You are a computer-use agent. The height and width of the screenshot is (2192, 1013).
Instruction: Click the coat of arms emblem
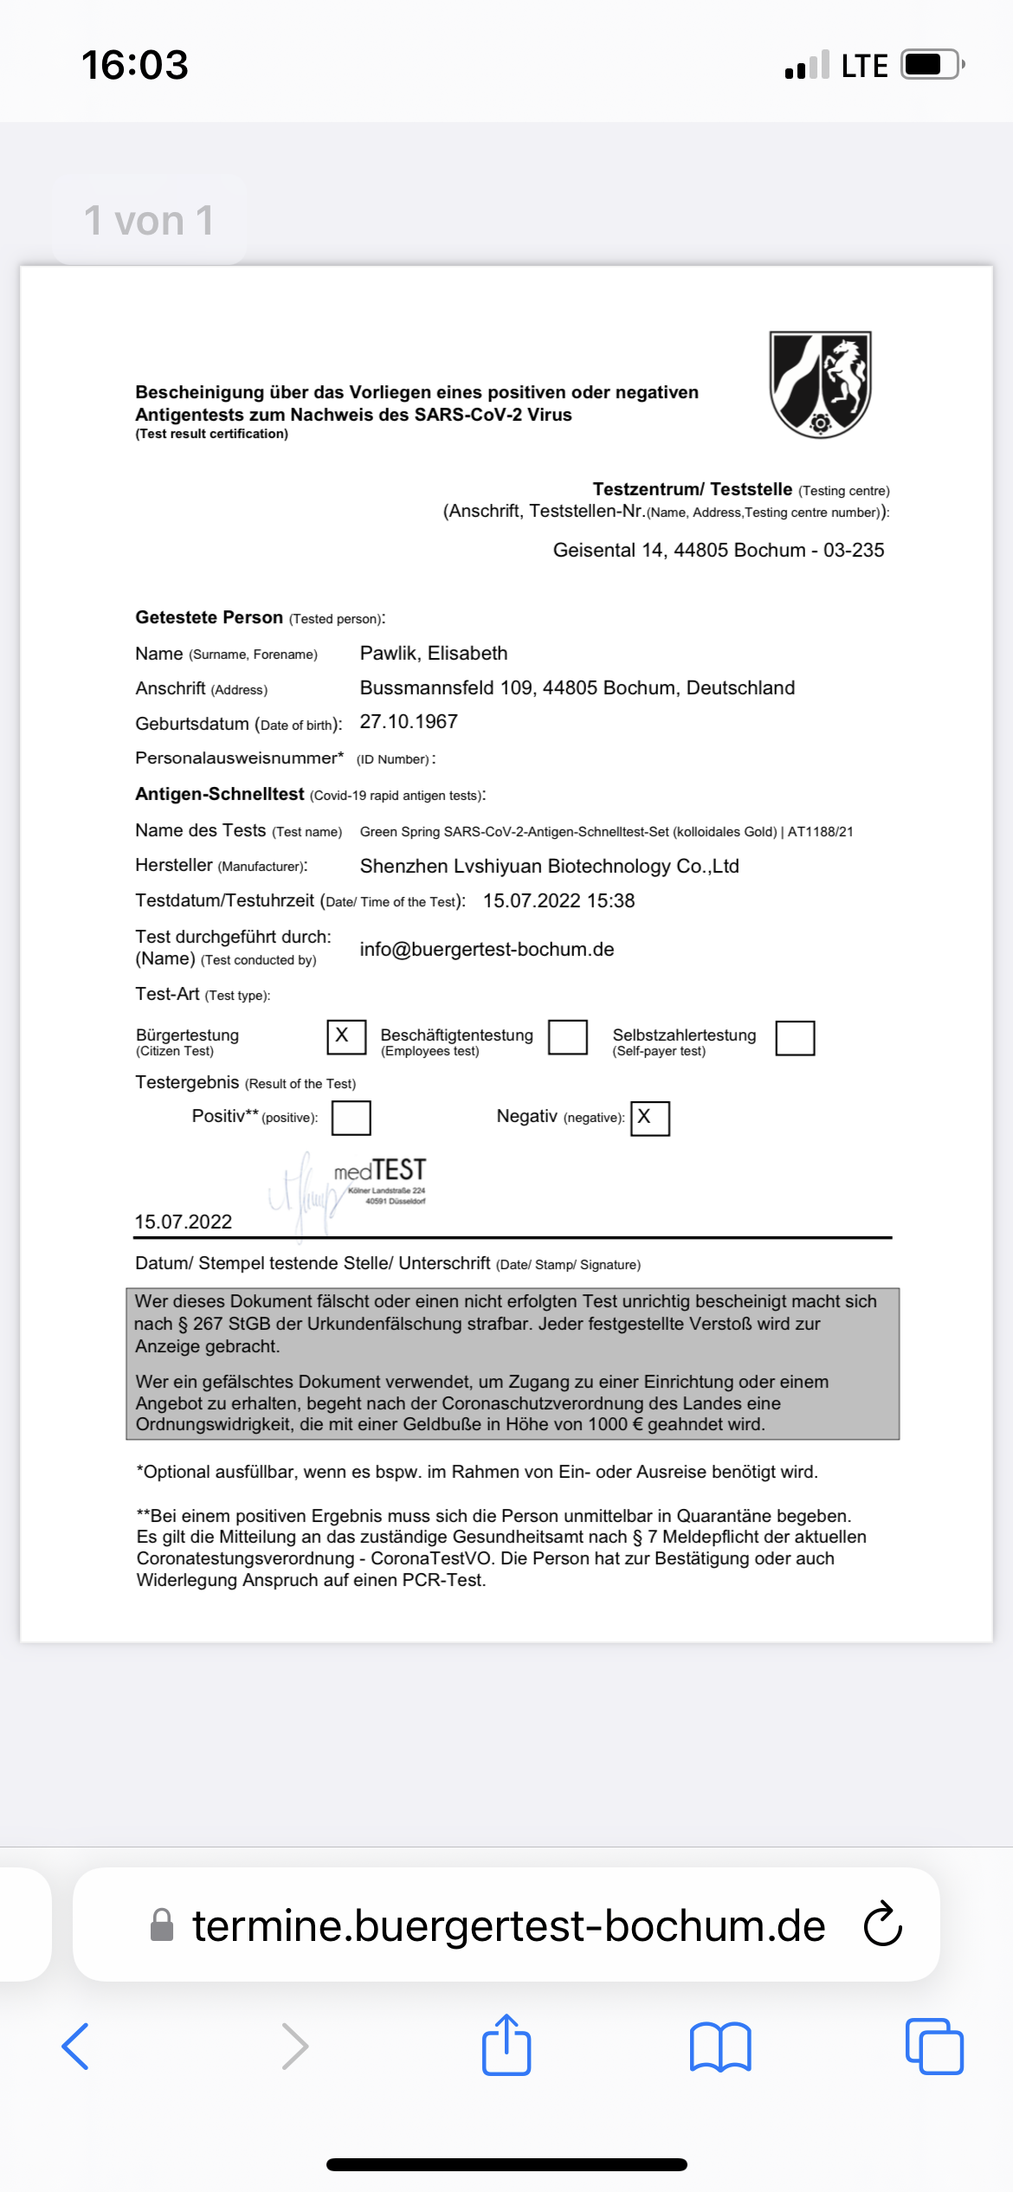coord(820,384)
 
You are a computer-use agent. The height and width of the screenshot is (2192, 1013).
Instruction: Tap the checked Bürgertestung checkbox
coord(346,1036)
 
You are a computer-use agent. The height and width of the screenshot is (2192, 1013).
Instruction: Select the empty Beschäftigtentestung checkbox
coord(568,1037)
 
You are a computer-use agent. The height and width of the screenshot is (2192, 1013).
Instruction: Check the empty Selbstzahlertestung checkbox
coord(795,1038)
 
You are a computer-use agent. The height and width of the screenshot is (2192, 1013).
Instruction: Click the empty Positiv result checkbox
coord(352,1118)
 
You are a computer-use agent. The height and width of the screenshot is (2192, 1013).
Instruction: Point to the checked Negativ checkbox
coord(650,1118)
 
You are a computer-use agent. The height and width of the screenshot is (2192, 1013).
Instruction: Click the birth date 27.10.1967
coord(409,722)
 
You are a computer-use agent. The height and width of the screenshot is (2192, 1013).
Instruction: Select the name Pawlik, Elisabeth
coord(434,654)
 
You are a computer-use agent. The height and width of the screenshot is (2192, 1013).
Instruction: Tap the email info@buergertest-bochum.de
coord(487,950)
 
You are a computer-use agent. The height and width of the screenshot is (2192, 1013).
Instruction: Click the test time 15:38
coord(611,901)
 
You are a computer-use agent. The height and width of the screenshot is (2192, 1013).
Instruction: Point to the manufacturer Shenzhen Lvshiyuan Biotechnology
coord(549,867)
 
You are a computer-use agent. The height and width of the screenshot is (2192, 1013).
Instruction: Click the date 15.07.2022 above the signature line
coord(184,1222)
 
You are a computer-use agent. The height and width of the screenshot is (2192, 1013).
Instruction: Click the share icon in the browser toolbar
coord(506,2046)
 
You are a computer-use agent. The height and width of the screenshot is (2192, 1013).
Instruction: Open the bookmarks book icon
coord(720,2047)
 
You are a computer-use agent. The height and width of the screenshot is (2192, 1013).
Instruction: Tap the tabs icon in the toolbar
coord(934,2047)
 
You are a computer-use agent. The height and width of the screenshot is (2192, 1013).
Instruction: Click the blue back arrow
coord(76,2047)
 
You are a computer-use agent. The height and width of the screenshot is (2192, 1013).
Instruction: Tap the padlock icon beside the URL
coord(162,1925)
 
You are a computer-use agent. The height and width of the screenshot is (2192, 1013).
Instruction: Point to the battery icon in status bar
coord(932,65)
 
